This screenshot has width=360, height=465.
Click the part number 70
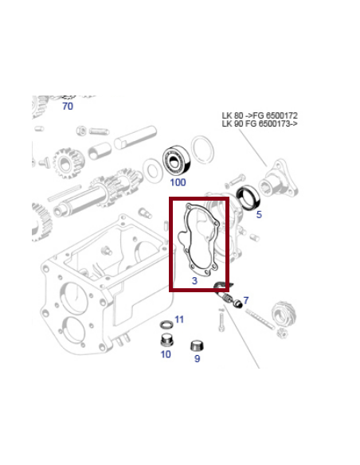tap(67, 106)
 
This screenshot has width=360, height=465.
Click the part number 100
tap(177, 182)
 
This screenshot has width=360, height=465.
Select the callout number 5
tap(258, 214)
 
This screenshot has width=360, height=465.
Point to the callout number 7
tap(245, 300)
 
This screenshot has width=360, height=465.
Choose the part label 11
tap(178, 319)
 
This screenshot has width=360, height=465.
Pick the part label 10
tap(166, 354)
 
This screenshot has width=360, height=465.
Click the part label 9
tap(197, 359)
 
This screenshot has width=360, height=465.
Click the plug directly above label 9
tap(195, 345)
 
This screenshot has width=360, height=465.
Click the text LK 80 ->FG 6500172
tap(260, 115)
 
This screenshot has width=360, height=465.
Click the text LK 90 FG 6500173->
tap(260, 125)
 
